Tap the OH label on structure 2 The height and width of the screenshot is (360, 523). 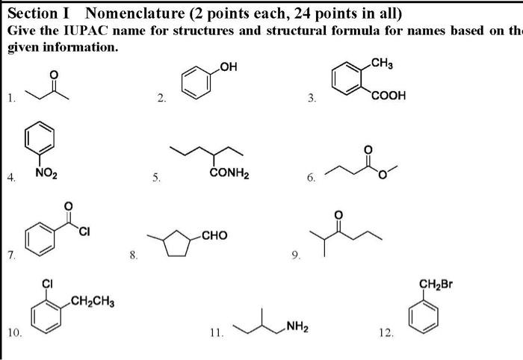tap(227, 69)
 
